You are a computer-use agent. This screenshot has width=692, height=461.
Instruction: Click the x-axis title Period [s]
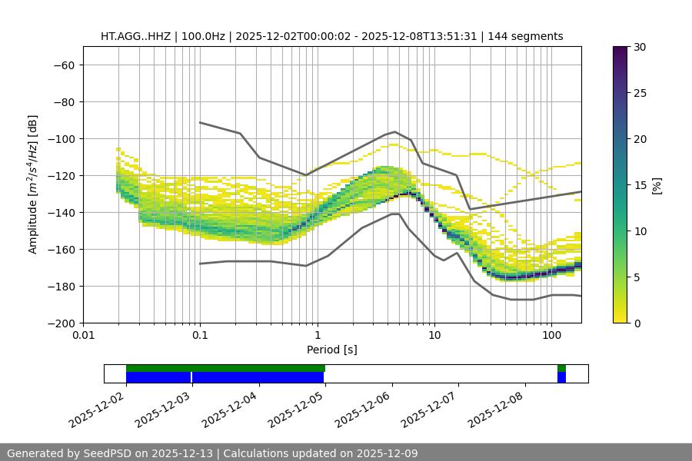tap(332, 350)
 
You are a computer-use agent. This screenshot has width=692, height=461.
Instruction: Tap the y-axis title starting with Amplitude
tap(33, 184)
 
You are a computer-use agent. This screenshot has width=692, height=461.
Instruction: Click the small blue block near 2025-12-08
tap(561, 377)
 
